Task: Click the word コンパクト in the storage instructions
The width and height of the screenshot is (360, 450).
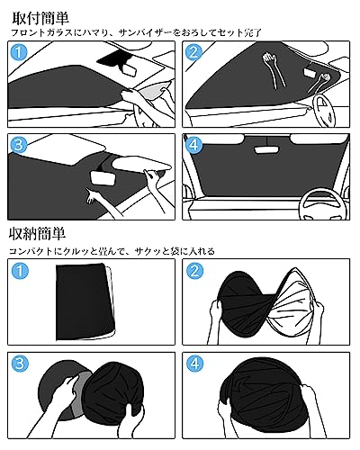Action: pyautogui.click(x=32, y=252)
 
